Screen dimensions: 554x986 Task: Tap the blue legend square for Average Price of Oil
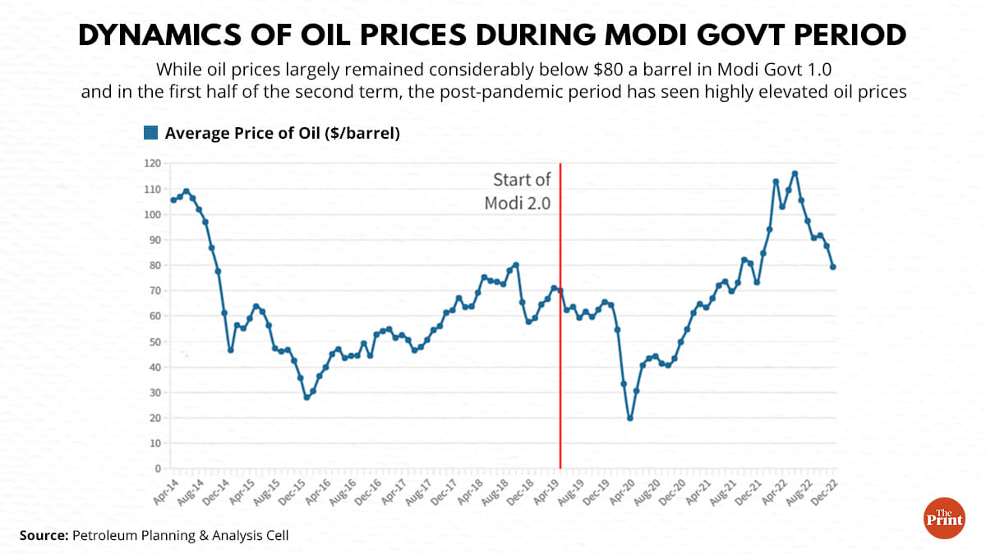[150, 133]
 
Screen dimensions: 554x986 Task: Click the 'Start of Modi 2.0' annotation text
[522, 190]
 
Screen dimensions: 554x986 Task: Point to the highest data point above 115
[795, 173]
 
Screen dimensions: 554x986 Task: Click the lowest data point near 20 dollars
[630, 419]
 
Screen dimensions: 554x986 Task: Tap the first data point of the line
[173, 199]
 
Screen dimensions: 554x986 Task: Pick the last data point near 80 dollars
[833, 267]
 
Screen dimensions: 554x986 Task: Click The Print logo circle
[944, 518]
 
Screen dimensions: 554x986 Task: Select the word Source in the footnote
[43, 535]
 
